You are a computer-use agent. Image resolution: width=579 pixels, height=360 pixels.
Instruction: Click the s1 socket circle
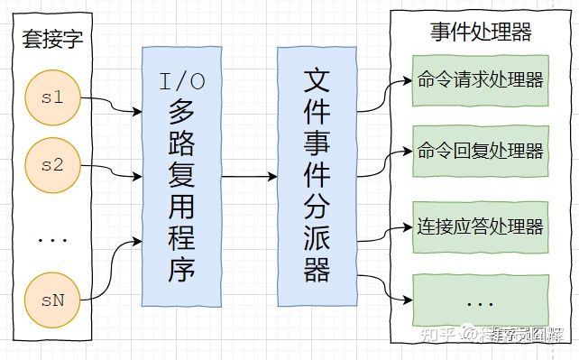tap(53, 97)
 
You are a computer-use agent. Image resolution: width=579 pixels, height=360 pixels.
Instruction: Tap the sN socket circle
tap(53, 299)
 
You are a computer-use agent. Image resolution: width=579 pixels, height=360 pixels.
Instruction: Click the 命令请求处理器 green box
tap(480, 79)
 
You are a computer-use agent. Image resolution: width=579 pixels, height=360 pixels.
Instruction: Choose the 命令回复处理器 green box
tap(480, 150)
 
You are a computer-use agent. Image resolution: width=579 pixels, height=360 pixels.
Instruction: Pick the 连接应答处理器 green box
tap(480, 226)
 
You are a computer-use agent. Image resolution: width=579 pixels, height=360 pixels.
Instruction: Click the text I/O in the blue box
tap(181, 82)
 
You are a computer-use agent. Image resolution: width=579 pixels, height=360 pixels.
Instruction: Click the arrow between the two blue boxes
tap(249, 176)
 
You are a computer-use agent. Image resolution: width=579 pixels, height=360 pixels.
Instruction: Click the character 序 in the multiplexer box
tap(181, 269)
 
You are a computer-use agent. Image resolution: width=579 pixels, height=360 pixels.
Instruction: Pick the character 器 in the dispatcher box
tap(317, 268)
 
